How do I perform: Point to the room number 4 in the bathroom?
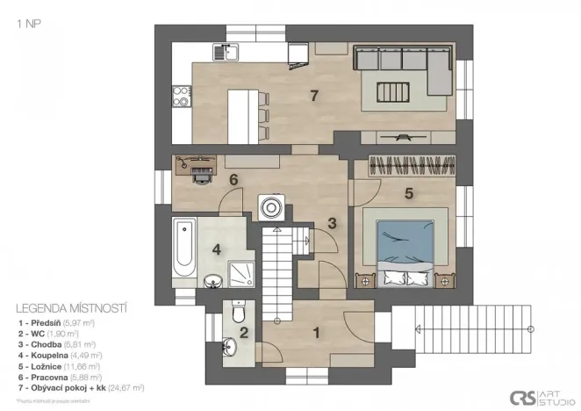pyautogui.click(x=217, y=248)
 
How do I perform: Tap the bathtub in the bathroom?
pyautogui.click(x=184, y=245)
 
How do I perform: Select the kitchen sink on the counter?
pyautogui.click(x=230, y=51)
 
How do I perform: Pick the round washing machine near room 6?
pyautogui.click(x=270, y=207)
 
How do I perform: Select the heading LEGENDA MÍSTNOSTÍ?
pyautogui.click(x=72, y=308)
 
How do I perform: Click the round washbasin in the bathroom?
pyautogui.click(x=212, y=281)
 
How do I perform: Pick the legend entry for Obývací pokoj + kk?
pyautogui.click(x=80, y=386)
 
